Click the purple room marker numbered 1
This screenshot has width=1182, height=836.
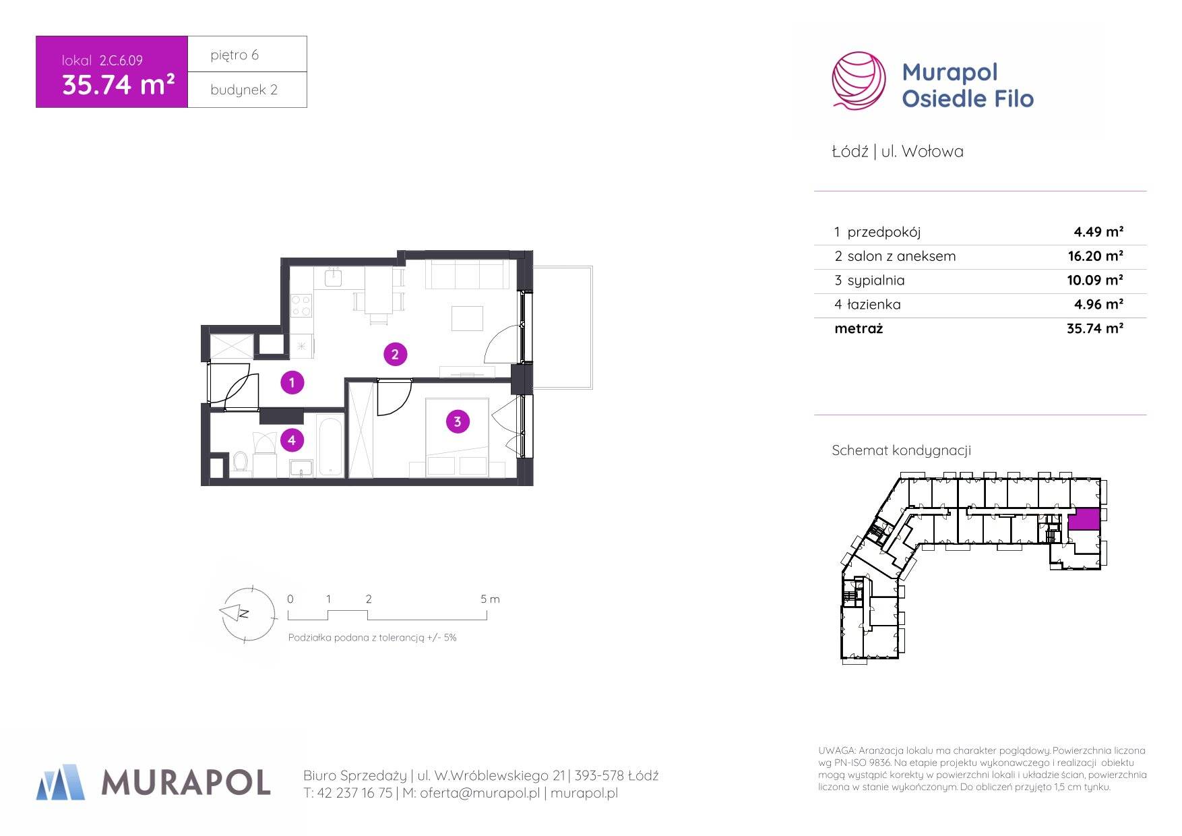pos(292,383)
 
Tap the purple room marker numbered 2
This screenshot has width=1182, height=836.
pos(395,354)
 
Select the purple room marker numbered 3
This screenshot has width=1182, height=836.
pos(458,422)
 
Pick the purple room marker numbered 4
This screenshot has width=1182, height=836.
pos(292,440)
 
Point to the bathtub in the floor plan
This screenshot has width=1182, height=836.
pos(330,446)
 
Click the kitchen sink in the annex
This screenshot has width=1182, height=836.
pos(334,277)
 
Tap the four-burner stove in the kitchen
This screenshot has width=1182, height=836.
pos(301,305)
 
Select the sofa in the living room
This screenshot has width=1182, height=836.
pos(466,275)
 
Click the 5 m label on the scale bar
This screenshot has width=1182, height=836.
pos(490,599)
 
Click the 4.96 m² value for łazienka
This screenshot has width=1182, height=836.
pos(1098,305)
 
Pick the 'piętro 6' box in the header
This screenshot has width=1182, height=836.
pos(247,54)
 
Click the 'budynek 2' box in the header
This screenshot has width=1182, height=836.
pos(247,90)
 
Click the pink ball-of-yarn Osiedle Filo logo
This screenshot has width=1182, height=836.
pos(859,80)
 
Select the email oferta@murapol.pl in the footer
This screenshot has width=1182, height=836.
pos(480,794)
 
